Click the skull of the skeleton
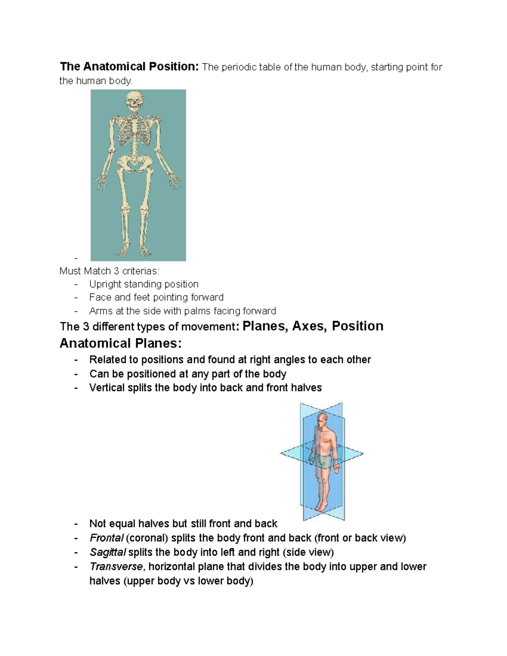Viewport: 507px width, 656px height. [x=134, y=101]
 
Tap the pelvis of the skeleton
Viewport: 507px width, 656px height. [x=134, y=163]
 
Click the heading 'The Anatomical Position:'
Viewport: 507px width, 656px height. [x=129, y=67]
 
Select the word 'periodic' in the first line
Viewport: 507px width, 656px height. [x=238, y=67]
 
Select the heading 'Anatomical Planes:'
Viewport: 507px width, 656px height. [x=120, y=343]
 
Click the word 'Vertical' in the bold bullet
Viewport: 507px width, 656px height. [x=107, y=388]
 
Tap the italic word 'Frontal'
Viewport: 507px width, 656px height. [x=106, y=538]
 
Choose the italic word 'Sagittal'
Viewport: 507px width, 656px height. [x=108, y=553]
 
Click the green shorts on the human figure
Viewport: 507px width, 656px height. [x=322, y=461]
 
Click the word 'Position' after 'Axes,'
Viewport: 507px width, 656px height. [x=357, y=326]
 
